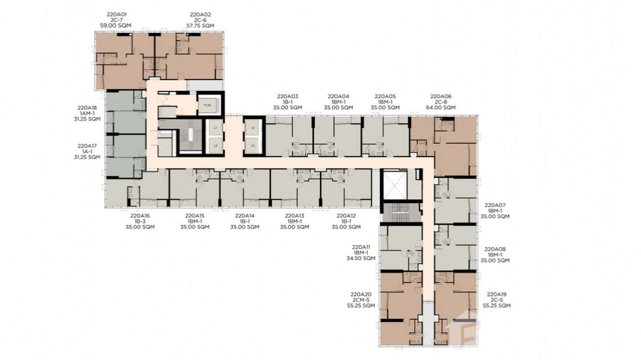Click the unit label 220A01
pyautogui.click(x=115, y=15)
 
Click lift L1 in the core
pyautogui.click(x=215, y=128)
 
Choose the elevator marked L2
pyautogui.click(x=215, y=145)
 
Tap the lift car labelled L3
pyautogui.click(x=253, y=128)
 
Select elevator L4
pyautogui.click(x=253, y=145)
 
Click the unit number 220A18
pyautogui.click(x=87, y=108)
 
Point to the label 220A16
pyautogui.click(x=140, y=216)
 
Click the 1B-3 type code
pyautogui.click(x=140, y=222)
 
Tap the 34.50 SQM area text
pyautogui.click(x=361, y=258)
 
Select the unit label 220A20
pyautogui.click(x=361, y=294)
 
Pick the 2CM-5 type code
pyautogui.click(x=361, y=300)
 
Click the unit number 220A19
pyautogui.click(x=497, y=294)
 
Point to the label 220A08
pyautogui.click(x=495, y=249)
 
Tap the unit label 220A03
pyautogui.click(x=287, y=96)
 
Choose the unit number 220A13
pyautogui.click(x=294, y=216)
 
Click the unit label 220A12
pyautogui.click(x=346, y=216)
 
